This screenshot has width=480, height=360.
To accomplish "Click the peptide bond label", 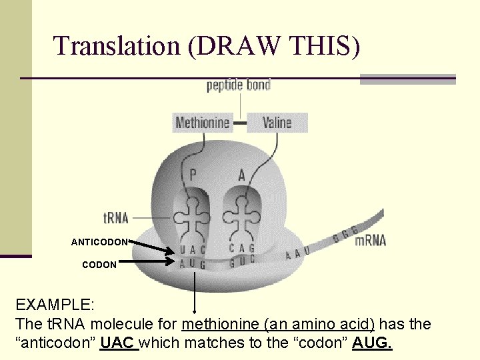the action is (x=238, y=85).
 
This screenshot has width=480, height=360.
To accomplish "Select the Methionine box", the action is (x=203, y=123).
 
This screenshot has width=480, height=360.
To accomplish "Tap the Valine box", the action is (x=277, y=123).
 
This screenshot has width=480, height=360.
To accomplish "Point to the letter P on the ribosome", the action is (x=193, y=175).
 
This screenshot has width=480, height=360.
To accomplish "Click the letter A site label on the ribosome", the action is (x=242, y=175).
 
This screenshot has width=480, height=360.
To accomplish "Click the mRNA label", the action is (x=370, y=240).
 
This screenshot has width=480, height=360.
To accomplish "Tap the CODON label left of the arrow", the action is (x=99, y=265).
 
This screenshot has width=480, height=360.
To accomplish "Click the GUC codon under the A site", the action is (x=241, y=263).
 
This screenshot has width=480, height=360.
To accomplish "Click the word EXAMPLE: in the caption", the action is (x=55, y=305).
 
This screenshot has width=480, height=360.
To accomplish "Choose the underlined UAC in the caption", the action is (x=118, y=343).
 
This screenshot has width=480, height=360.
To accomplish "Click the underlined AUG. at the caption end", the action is (x=373, y=343).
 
